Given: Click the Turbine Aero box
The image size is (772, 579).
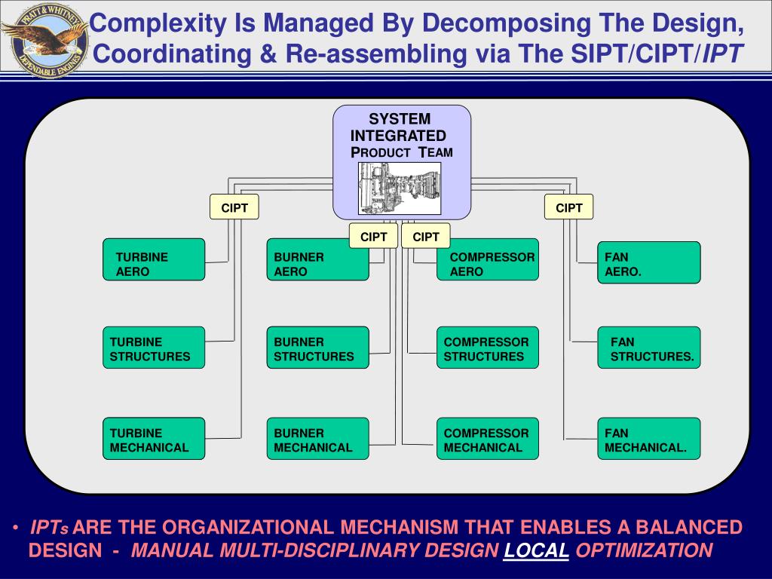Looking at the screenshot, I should point(154,259).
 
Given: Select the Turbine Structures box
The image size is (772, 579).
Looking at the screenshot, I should point(154,348).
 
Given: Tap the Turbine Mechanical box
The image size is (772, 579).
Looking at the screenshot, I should point(154,439).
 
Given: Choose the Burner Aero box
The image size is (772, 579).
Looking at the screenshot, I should point(317,259).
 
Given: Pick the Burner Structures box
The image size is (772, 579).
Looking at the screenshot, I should point(317,348).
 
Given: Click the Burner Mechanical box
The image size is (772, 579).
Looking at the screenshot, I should point(317,439).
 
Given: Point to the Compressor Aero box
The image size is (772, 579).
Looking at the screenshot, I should point(488,259).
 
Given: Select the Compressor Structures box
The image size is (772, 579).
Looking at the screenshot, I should point(488,348).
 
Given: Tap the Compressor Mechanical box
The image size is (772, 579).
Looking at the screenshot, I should point(488,439).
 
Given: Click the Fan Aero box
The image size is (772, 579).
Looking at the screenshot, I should point(649,262).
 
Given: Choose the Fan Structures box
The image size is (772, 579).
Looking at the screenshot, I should point(649,348).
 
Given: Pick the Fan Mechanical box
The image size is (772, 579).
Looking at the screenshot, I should point(649,439).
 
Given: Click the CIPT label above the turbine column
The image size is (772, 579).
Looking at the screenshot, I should point(234,207).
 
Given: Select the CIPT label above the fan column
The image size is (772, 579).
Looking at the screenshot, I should point(569,207).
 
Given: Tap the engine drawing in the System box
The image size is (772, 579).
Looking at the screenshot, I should point(399,188).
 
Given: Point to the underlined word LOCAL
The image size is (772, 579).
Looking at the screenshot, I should point(537,550).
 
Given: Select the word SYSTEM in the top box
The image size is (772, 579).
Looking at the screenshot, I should point(400,119).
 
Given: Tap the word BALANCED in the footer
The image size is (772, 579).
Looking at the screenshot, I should point(689,527).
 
